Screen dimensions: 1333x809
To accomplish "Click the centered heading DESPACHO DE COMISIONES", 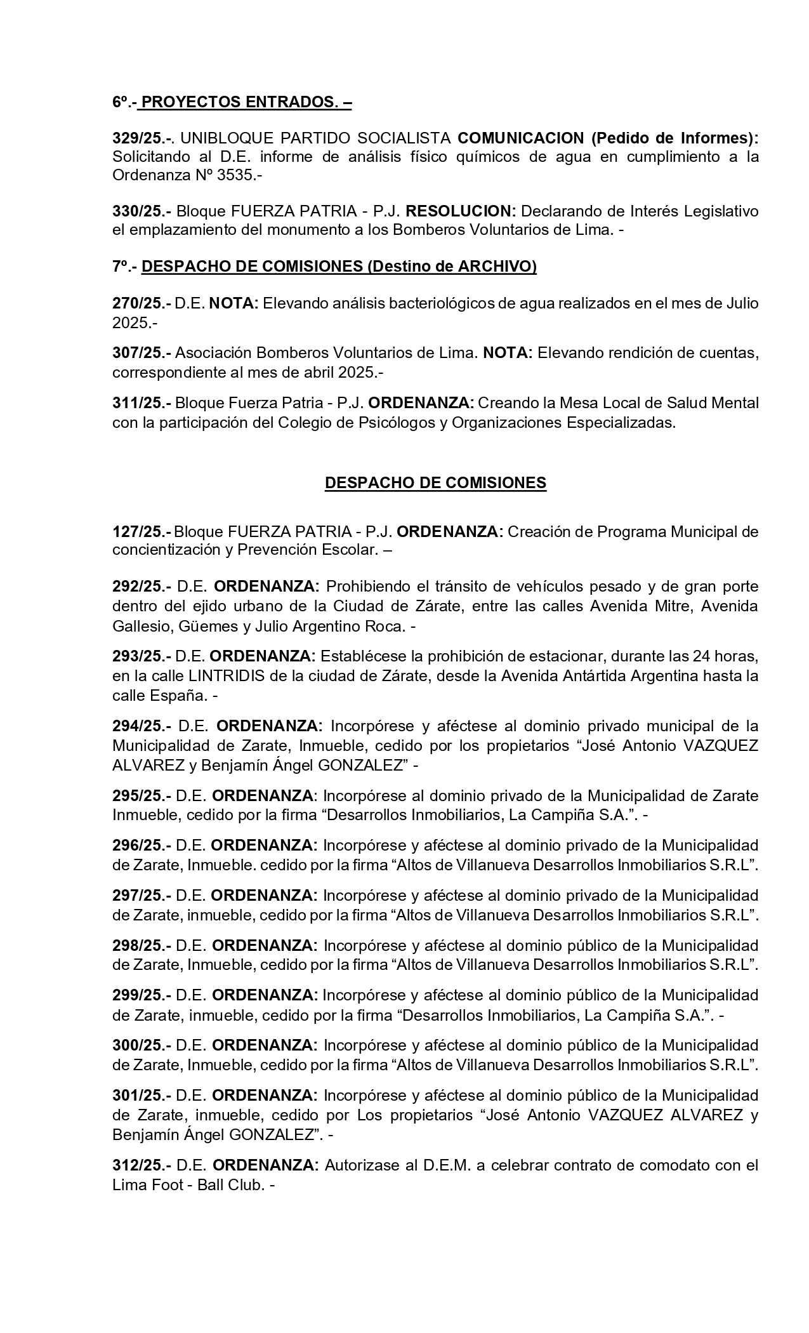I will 435,482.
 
